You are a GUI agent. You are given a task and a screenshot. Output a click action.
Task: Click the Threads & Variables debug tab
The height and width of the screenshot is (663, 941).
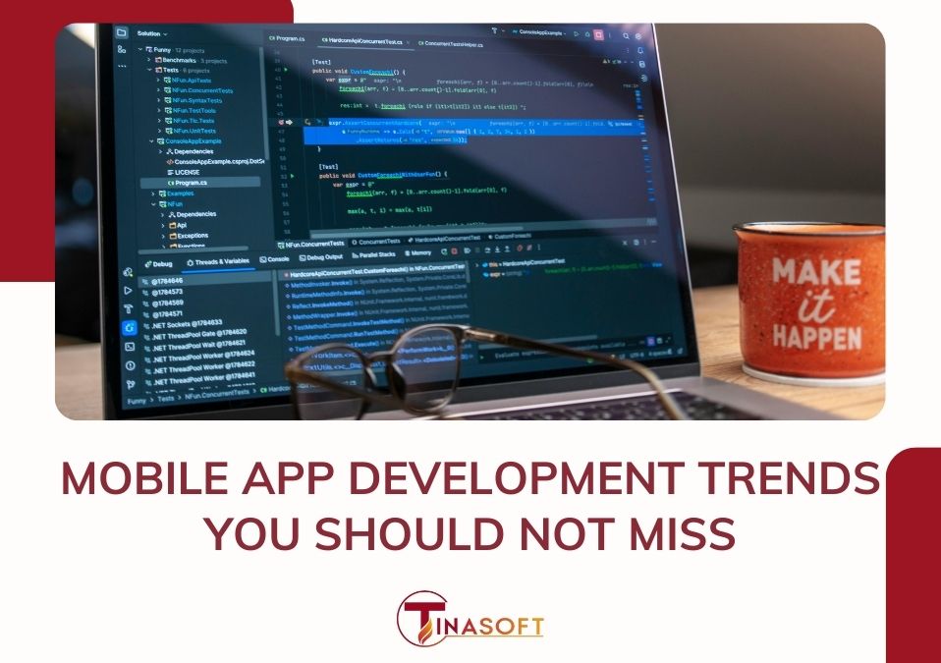point(218,262)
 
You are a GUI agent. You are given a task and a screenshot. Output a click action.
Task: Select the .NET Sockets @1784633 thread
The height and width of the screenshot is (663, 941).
point(187,322)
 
